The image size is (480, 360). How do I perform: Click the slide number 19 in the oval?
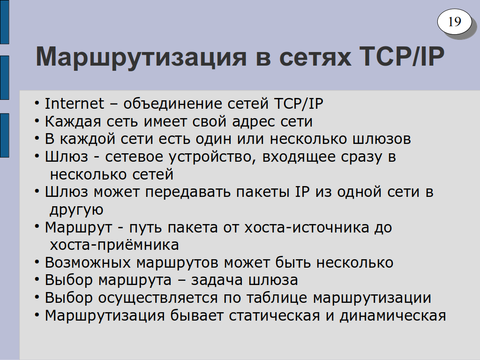point(454,22)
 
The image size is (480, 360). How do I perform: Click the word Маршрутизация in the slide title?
point(141,57)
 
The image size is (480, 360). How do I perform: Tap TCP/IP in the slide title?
point(402,56)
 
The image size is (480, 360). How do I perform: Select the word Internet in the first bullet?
point(75,104)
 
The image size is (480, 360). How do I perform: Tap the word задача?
point(217,281)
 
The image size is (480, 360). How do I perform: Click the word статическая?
point(274,316)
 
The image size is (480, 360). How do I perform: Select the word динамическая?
point(393,316)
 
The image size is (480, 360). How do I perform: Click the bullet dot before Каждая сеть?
point(37,121)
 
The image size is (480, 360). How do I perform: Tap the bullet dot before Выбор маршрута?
point(37,280)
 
